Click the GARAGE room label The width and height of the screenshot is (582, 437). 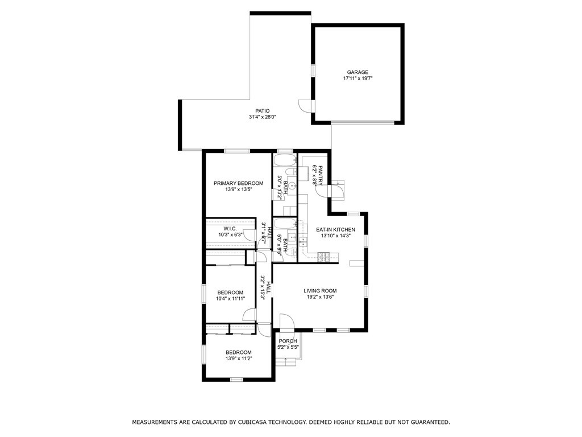tap(357, 72)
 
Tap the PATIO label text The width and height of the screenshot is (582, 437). tap(262, 111)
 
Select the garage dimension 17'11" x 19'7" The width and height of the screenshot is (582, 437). tap(357, 79)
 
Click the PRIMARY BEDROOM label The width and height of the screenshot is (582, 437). tap(238, 183)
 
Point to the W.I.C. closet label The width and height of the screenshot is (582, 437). tap(230, 229)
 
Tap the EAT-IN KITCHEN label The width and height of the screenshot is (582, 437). tap(335, 230)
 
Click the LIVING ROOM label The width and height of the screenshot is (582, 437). tap(320, 291)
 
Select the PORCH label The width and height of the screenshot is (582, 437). tap(288, 341)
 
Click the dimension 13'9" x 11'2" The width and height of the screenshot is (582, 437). tap(238, 358)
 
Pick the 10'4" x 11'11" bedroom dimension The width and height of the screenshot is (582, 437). tap(231, 298)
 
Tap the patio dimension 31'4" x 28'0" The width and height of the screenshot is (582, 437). tap(262, 117)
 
